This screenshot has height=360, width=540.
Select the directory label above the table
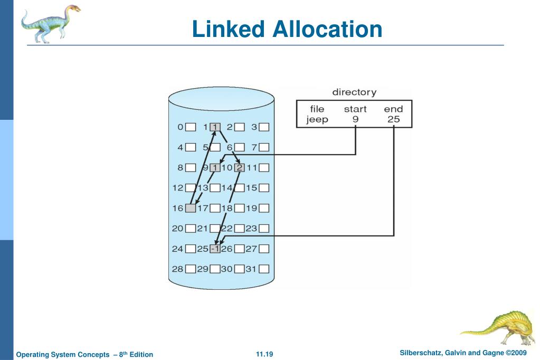click(x=354, y=92)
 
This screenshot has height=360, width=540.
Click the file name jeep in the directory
click(x=317, y=119)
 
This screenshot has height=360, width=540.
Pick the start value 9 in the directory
click(x=355, y=119)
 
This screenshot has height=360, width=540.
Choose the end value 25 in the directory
click(x=393, y=119)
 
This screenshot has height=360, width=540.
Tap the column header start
click(x=355, y=109)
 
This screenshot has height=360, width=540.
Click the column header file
click(x=317, y=109)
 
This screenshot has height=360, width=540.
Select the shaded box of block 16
click(x=191, y=208)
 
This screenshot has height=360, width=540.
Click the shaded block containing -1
click(x=215, y=248)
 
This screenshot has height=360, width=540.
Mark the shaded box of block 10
click(x=239, y=168)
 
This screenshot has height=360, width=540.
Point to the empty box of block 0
click(x=191, y=127)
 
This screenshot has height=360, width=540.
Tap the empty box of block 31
click(x=264, y=269)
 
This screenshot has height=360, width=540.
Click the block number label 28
click(x=177, y=269)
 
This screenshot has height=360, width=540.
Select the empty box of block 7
click(x=264, y=147)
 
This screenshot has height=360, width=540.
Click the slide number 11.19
click(x=263, y=353)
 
